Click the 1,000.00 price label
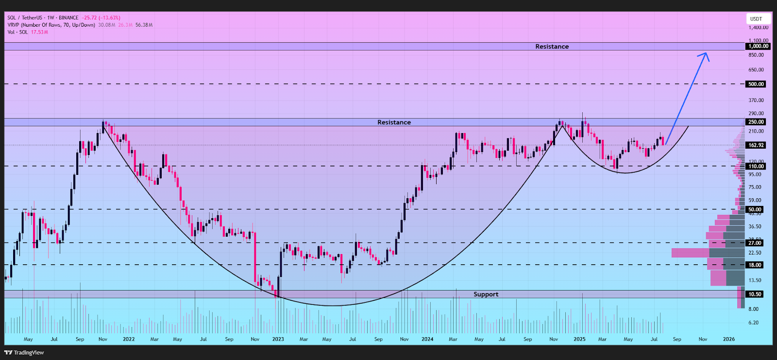coord(758,46)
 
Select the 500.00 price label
coord(756,84)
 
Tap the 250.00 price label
coord(756,122)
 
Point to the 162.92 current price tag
coord(756,145)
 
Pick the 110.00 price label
coord(756,166)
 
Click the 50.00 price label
coord(755,209)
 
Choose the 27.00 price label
coord(755,243)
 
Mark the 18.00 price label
coord(755,265)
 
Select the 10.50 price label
coord(755,294)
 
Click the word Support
coord(486,294)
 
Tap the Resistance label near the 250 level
coord(394,122)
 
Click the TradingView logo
coord(24,353)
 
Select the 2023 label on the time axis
coord(278,339)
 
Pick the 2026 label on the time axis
coord(728,339)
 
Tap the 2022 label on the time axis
coord(129,339)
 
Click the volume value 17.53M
coord(39,32)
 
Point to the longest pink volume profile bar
coord(690,253)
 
